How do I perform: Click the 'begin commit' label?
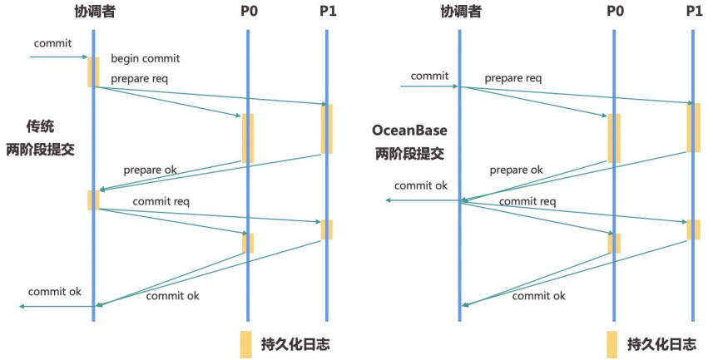(x=145, y=59)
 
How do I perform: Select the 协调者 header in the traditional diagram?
(x=92, y=12)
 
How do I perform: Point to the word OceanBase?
(x=408, y=132)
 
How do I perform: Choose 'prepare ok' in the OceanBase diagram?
(x=515, y=170)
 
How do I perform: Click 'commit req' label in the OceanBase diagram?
(x=527, y=201)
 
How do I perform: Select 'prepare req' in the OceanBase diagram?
(x=512, y=79)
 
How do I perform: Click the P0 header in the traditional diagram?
(x=247, y=12)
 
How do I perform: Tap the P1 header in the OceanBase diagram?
(x=694, y=12)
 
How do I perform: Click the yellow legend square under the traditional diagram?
(x=246, y=343)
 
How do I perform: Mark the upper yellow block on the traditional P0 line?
(x=247, y=138)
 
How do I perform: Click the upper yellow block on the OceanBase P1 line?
(x=693, y=127)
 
